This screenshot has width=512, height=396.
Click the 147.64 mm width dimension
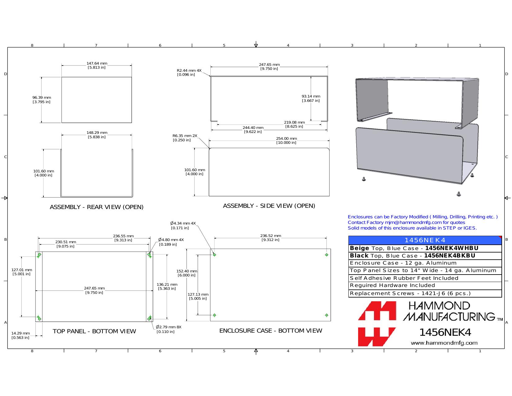tap(97, 65)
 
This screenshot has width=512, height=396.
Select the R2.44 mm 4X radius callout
tap(189, 72)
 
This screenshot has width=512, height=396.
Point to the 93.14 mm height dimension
tap(311, 98)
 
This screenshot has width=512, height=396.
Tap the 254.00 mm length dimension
tap(286, 141)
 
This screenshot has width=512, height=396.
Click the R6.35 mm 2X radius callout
tap(185, 138)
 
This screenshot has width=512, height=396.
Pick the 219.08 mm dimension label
tap(294, 124)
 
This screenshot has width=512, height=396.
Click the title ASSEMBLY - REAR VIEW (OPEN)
tap(97, 207)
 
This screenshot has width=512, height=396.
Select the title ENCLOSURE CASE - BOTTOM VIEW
tap(271, 331)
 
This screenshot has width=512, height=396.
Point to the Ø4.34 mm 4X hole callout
tap(183, 225)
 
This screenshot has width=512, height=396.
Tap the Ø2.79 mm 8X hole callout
tap(168, 329)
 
